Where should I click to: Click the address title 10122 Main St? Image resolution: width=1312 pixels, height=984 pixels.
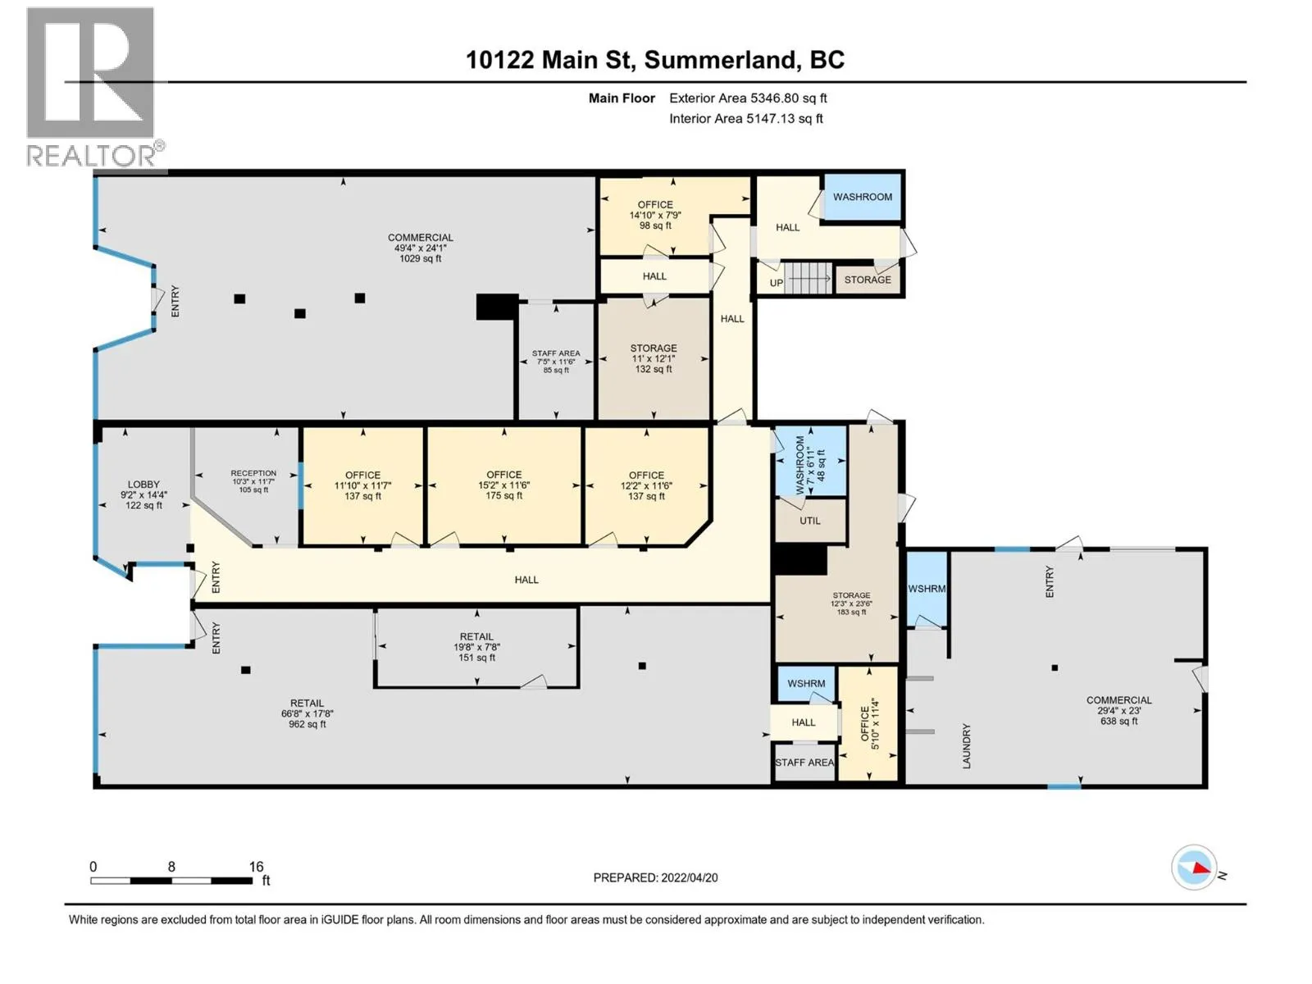[x=654, y=60]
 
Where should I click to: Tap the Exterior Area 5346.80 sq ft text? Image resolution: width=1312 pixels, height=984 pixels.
[x=747, y=98]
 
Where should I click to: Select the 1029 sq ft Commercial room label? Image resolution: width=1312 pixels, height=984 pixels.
[x=420, y=248]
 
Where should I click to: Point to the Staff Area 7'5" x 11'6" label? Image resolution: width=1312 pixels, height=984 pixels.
[x=556, y=362]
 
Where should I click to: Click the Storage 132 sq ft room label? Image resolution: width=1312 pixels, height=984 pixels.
[x=654, y=358]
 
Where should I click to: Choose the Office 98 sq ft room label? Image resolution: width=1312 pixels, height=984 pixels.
[x=655, y=215]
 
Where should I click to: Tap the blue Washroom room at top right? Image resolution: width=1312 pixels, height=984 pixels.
[x=862, y=197]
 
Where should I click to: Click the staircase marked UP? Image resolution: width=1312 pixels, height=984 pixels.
[x=808, y=279]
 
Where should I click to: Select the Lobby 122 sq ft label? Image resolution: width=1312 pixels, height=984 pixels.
[x=143, y=494]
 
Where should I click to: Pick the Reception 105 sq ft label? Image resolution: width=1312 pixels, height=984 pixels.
[x=253, y=481]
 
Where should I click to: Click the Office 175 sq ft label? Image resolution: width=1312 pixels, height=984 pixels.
[x=503, y=485]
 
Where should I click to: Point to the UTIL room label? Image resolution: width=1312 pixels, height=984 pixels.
[x=810, y=521]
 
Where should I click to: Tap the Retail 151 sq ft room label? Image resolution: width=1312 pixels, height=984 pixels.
[x=476, y=647]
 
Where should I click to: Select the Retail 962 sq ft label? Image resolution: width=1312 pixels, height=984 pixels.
[x=307, y=713]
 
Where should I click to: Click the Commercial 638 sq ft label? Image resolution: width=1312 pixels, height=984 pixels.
[x=1118, y=710]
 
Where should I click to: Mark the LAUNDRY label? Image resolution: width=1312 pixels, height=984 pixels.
[x=967, y=745]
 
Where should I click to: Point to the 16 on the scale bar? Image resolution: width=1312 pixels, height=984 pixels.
[x=257, y=867]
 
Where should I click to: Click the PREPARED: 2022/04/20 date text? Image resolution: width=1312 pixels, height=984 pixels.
[x=655, y=877]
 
